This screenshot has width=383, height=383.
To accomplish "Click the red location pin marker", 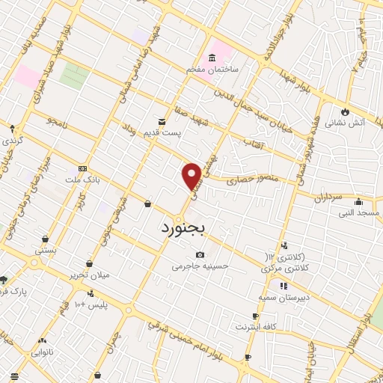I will point(191,175).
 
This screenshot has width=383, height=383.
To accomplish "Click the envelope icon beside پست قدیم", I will point(161,122).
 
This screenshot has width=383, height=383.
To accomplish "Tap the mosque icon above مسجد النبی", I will point(360,201).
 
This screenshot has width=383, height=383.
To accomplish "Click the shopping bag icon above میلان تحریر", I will point(90,264).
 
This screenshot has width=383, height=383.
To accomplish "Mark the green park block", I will point(73,76).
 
